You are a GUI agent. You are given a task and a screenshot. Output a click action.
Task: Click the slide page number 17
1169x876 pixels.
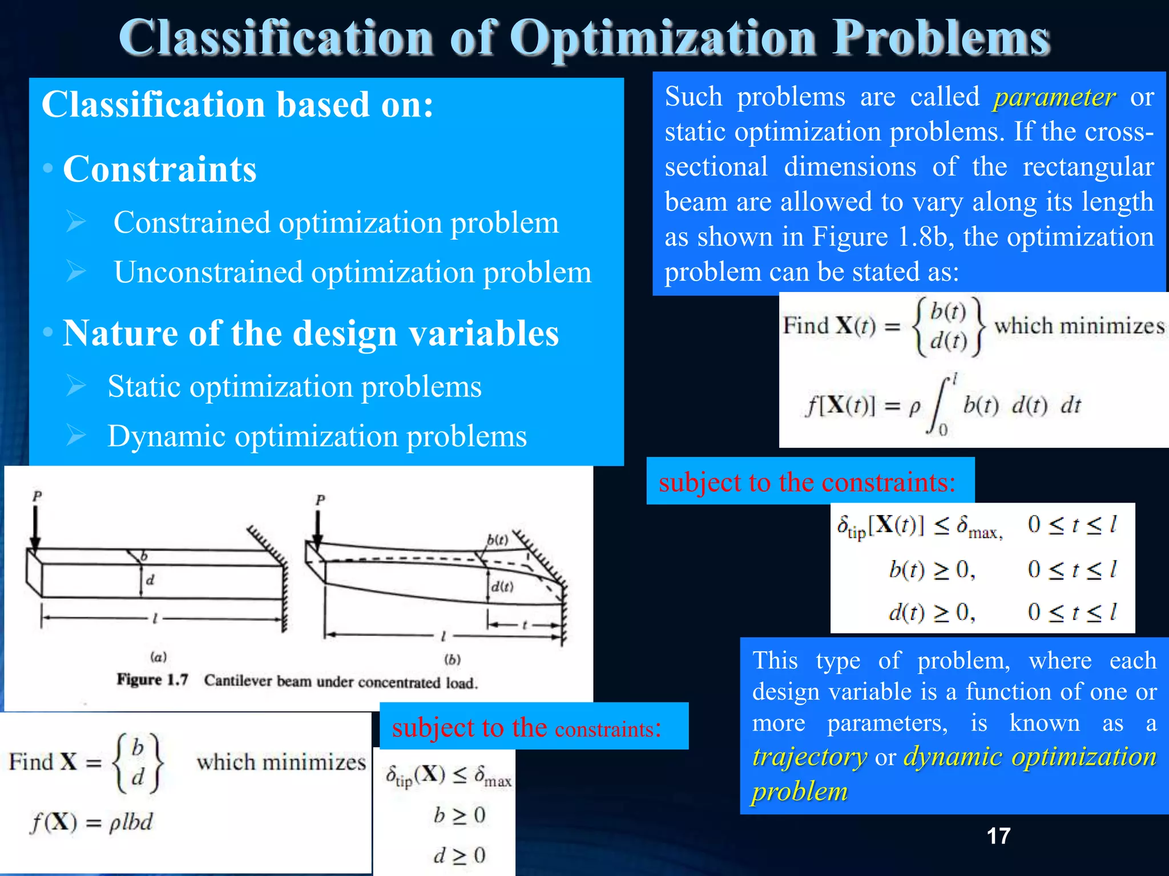point(998,836)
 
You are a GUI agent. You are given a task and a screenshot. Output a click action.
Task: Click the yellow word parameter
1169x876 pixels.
point(1054,98)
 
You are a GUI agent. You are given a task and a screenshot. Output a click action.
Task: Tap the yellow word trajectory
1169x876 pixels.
point(809,757)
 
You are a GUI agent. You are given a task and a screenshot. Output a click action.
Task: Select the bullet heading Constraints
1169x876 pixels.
point(160,169)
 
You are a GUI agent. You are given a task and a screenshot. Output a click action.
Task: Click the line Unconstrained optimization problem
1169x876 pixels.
point(352,272)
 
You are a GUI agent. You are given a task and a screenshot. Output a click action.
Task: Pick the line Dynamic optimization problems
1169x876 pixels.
point(317,436)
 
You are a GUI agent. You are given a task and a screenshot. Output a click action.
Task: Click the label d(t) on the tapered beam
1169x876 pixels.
point(502,587)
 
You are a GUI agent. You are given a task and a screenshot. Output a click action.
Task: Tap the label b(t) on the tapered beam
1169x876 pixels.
point(497,540)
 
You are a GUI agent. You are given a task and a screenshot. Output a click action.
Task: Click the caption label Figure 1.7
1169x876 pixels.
point(152,680)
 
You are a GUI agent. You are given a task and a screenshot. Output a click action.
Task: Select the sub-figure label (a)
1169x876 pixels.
point(158,657)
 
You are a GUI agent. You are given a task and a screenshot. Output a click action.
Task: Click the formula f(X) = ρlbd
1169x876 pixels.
point(92,822)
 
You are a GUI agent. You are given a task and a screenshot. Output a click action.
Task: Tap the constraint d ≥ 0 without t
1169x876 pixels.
point(459,855)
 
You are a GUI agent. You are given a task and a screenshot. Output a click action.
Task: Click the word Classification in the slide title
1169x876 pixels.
point(276,38)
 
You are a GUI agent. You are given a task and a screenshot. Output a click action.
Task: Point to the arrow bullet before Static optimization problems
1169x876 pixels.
point(75,386)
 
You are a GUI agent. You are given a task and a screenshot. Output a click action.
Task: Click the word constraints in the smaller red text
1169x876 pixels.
point(607,729)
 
